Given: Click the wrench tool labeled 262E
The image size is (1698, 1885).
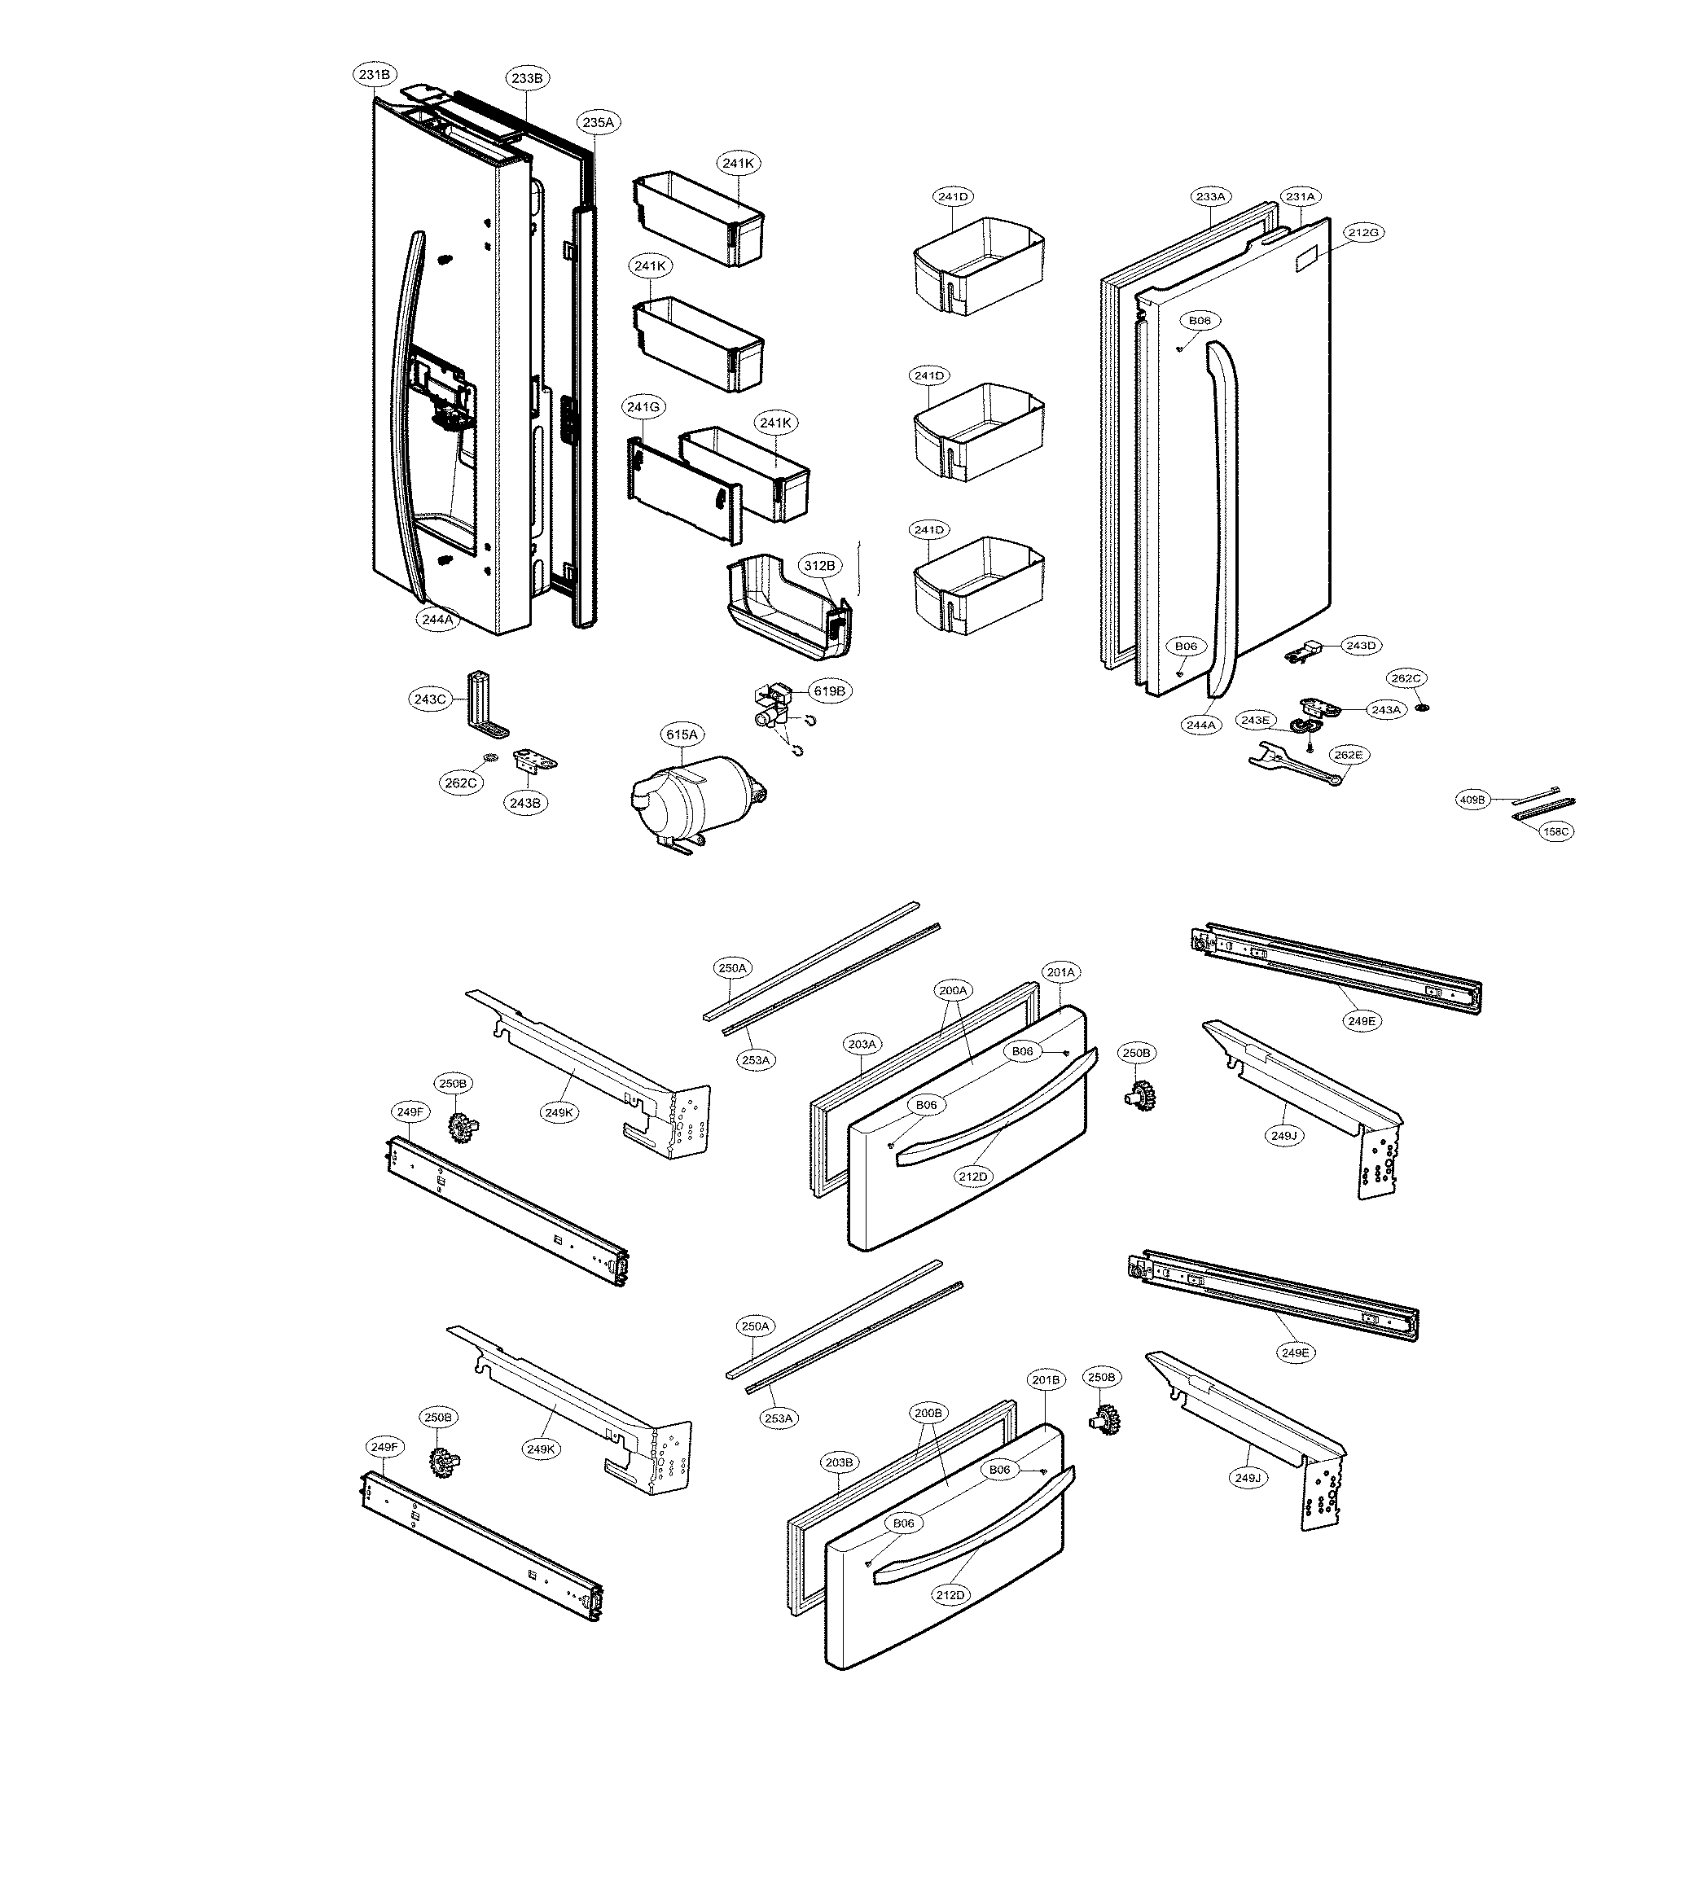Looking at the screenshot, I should point(1292,764).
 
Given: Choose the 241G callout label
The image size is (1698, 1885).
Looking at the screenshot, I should point(643,406).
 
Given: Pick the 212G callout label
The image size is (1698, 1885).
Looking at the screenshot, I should point(1363,232).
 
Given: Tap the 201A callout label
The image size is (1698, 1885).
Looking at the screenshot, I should point(1061,972).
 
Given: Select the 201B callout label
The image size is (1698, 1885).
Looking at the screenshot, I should point(1045,1379).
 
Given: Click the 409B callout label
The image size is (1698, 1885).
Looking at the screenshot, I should point(1472,800).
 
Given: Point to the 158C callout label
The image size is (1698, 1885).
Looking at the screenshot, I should point(1556,831).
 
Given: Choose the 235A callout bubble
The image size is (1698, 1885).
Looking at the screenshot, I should point(598,122).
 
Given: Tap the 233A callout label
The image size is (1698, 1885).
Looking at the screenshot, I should point(1210,197).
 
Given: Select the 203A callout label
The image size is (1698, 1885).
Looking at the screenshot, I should point(862,1044).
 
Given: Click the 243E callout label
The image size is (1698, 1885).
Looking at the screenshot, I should point(1255,720).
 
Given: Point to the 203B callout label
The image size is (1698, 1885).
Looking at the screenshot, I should point(839,1462).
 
